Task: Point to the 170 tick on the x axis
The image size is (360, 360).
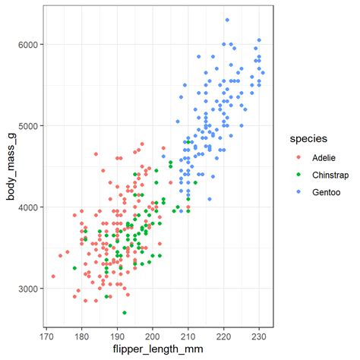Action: (46, 333)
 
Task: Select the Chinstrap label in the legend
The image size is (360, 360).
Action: (331, 175)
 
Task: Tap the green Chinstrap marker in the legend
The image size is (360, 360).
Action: (298, 175)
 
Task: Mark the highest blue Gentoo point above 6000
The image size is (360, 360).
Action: (227, 20)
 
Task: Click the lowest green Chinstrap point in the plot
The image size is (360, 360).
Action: (125, 313)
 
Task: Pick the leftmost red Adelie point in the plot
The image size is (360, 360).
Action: (53, 276)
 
